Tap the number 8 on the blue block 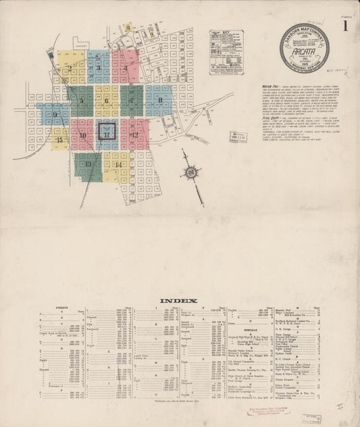(160, 101)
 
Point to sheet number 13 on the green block (88, 164)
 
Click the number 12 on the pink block (135, 134)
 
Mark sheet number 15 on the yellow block (60, 140)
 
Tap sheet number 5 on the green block (81, 101)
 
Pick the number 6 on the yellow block (107, 101)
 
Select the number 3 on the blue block (99, 68)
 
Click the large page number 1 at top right (345, 28)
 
